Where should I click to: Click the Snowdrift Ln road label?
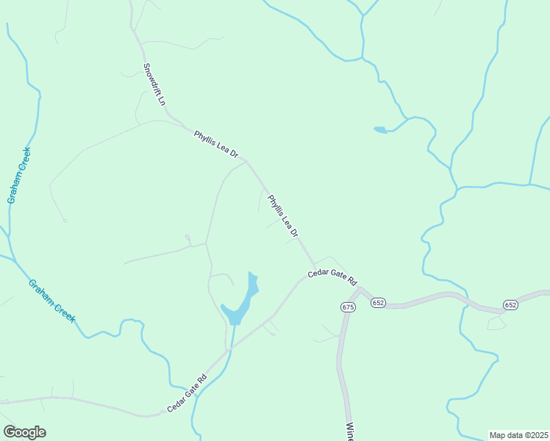point(153,85)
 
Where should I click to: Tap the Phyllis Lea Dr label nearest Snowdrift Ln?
point(216,145)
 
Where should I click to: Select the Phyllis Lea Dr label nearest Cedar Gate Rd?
point(283,216)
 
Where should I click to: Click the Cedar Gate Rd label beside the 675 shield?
point(332,276)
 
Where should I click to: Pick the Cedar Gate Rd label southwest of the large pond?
point(187,393)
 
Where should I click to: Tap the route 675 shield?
point(349,306)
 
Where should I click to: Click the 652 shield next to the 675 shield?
point(378,303)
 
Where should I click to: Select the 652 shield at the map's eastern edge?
point(511,304)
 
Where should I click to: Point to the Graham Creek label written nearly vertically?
point(18,175)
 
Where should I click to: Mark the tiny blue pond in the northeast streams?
point(380,130)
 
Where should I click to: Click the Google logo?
point(24,432)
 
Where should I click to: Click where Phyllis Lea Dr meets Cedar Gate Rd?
point(315,266)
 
